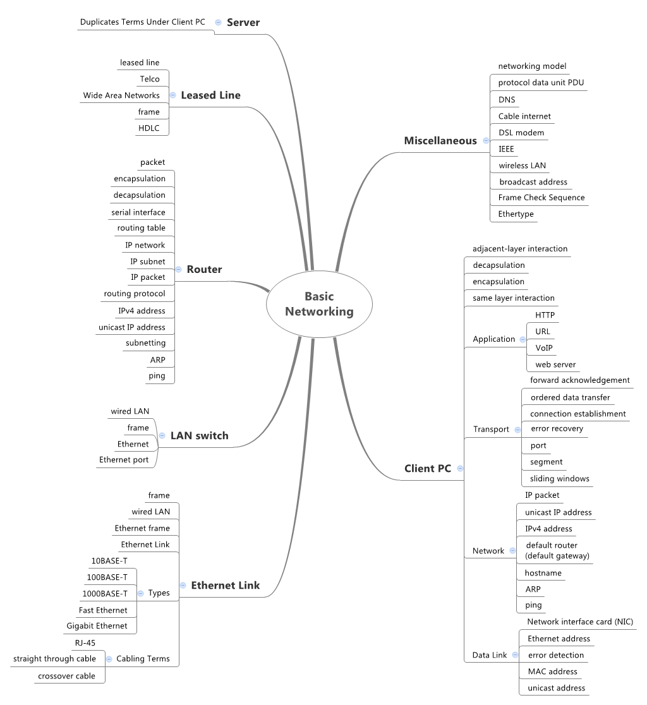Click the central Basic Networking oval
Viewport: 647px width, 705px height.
(x=319, y=304)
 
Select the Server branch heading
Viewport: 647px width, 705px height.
(x=243, y=22)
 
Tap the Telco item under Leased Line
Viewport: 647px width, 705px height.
(x=150, y=79)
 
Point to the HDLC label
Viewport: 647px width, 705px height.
(x=149, y=128)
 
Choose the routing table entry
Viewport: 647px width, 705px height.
(x=141, y=228)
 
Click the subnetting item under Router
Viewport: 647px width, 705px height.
(x=145, y=343)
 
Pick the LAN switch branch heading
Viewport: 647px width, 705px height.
(x=199, y=435)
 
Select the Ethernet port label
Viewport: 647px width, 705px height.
(x=124, y=460)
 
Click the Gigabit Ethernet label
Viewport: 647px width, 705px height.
(x=97, y=626)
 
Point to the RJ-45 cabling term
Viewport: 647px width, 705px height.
(x=85, y=643)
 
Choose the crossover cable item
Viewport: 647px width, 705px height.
(x=66, y=676)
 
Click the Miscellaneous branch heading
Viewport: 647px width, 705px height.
(x=440, y=140)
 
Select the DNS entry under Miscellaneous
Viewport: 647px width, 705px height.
(x=507, y=99)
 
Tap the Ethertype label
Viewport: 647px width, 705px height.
(x=516, y=214)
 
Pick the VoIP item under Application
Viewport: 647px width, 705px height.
(x=544, y=347)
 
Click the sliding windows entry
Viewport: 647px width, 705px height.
(x=560, y=479)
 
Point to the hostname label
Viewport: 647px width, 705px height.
(x=543, y=573)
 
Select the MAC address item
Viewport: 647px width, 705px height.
(x=553, y=672)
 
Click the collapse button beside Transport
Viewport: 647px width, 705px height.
(x=517, y=430)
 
